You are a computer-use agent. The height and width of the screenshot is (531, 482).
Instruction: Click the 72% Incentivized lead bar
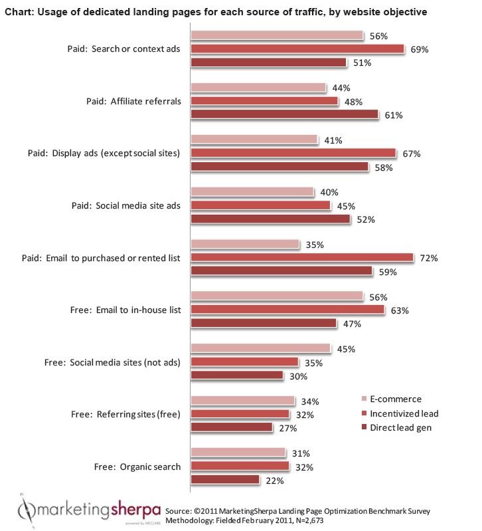[302, 257]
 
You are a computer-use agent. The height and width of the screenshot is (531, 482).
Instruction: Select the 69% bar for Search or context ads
[297, 49]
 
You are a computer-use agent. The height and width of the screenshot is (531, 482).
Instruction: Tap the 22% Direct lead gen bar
[225, 479]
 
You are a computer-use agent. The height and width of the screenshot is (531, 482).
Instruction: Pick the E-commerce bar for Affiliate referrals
[258, 88]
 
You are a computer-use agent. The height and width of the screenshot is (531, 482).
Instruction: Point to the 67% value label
[412, 154]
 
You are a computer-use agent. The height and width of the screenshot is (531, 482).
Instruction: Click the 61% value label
[394, 115]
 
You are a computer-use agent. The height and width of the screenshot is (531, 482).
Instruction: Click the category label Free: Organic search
[125, 467]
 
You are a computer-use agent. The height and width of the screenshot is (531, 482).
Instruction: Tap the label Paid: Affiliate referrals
[125, 101]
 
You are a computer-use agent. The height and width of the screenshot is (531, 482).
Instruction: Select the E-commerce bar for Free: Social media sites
[260, 349]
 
